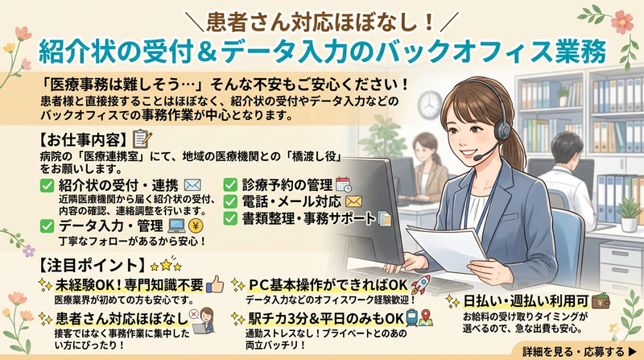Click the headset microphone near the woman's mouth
pyautogui.click(x=480, y=157)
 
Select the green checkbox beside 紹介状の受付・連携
pyautogui.click(x=46, y=186)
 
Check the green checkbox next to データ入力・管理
pyautogui.click(x=46, y=225)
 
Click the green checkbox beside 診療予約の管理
pyautogui.click(x=230, y=184)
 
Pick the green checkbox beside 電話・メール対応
pyautogui.click(x=230, y=201)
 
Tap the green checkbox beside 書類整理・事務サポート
pyautogui.click(x=230, y=218)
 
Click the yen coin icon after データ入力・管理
pyautogui.click(x=200, y=225)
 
